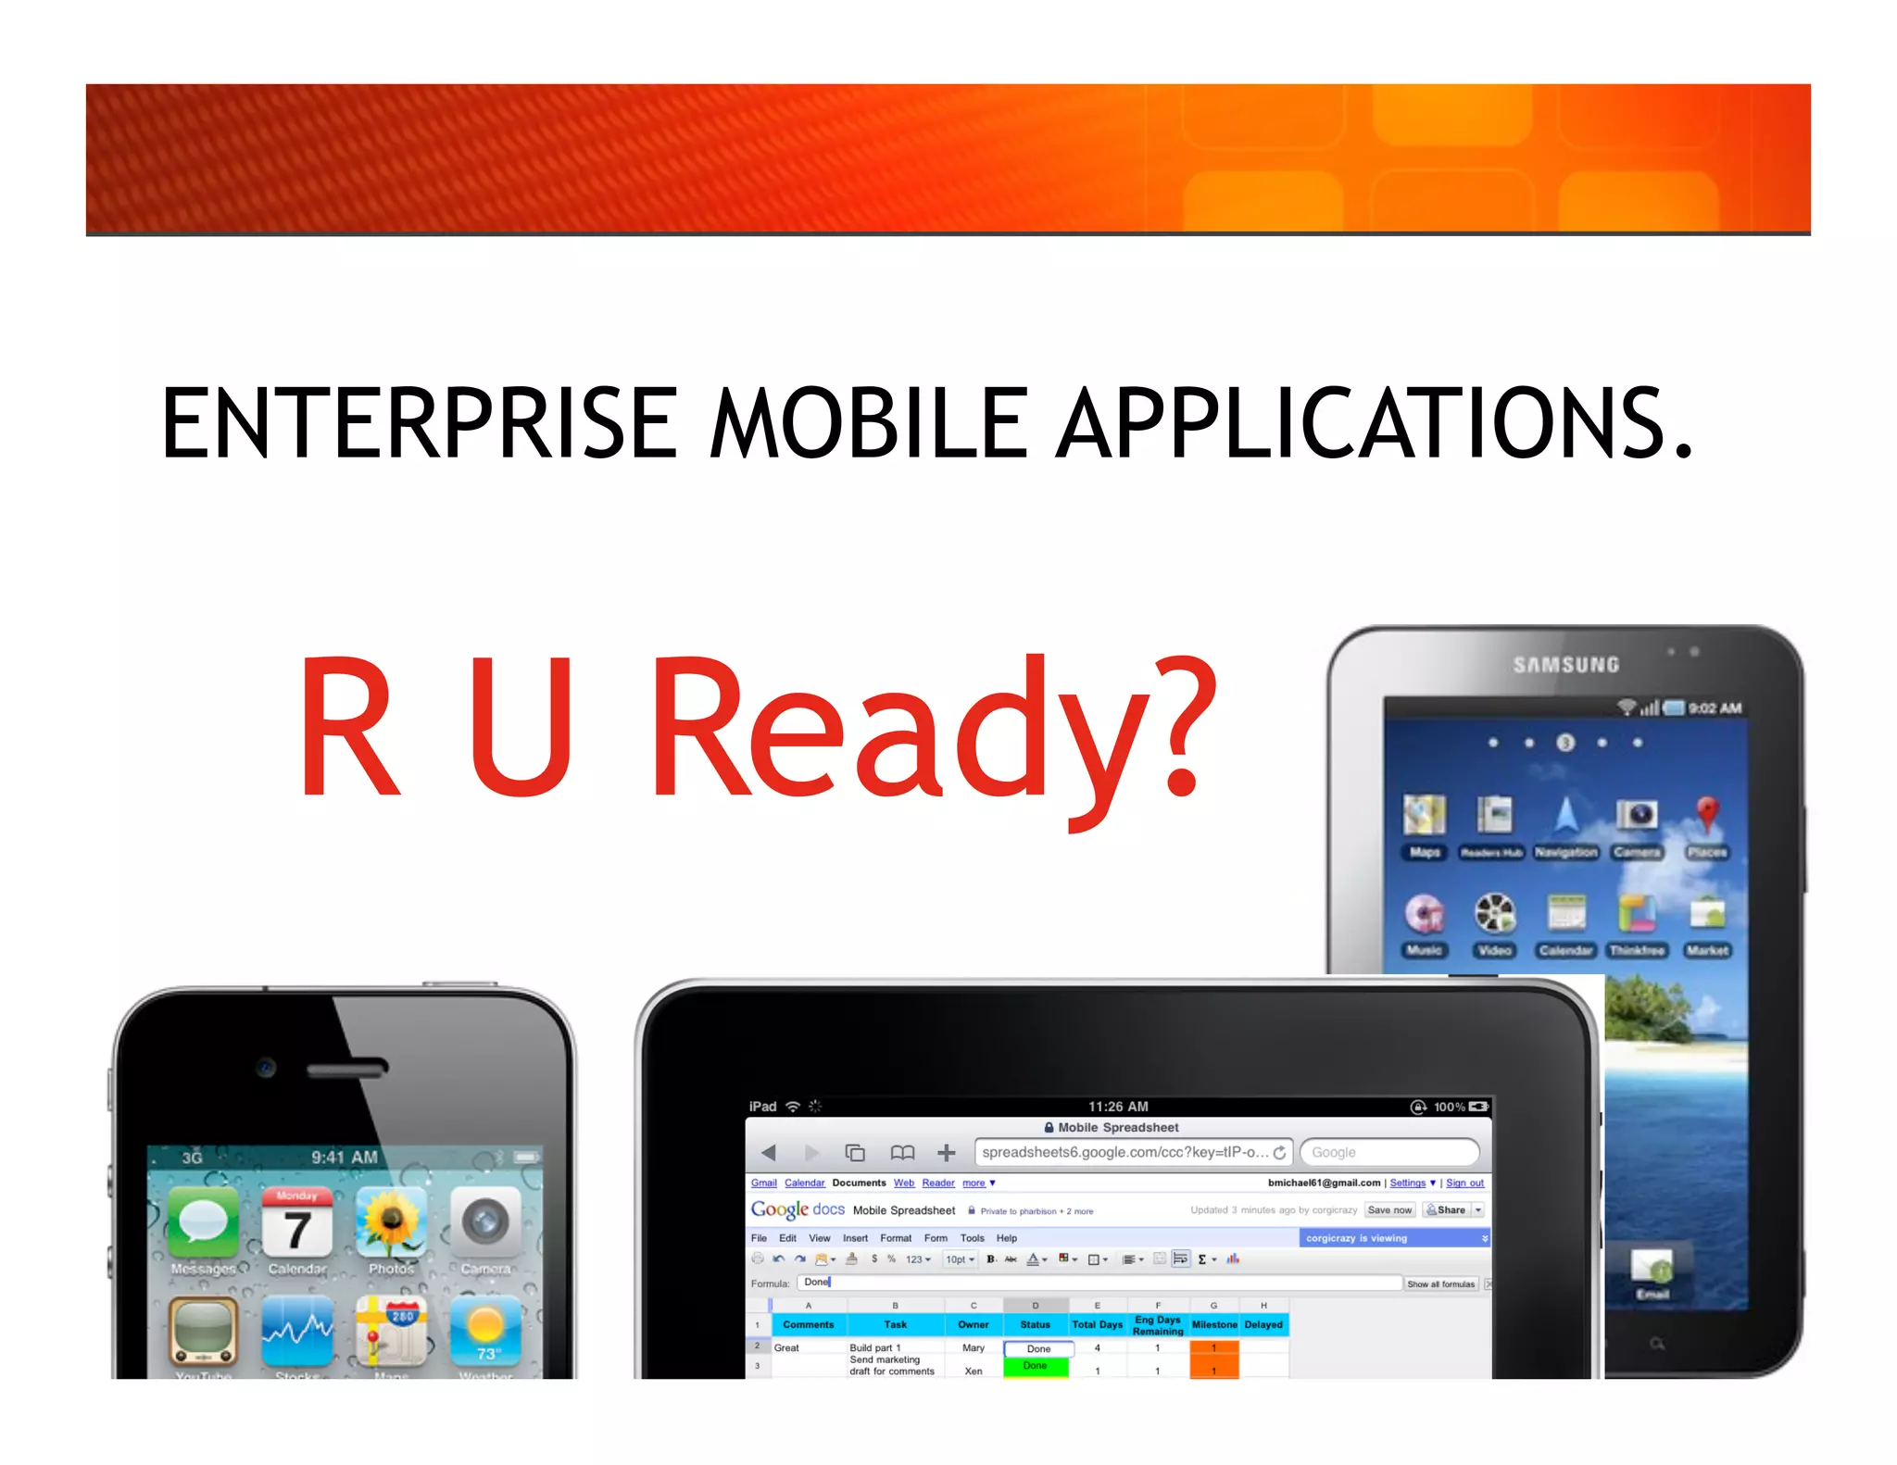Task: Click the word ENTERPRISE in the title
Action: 419,423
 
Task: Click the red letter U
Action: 520,726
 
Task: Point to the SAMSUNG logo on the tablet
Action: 1566,665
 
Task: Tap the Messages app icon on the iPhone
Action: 203,1223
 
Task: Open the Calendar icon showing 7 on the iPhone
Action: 296,1223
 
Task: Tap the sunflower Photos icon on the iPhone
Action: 391,1223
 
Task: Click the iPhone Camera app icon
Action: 485,1223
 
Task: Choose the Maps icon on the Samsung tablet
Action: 1424,815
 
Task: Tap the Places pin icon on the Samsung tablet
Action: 1707,815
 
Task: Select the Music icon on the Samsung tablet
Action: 1424,914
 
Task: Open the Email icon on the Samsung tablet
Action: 1652,1269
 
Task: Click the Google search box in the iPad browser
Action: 1388,1152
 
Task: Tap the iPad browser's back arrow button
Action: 768,1152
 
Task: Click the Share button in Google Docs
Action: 1447,1209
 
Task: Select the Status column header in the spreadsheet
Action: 1035,1324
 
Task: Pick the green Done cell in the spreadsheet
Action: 1035,1366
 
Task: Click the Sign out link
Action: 1464,1183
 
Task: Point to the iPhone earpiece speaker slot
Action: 346,1069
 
